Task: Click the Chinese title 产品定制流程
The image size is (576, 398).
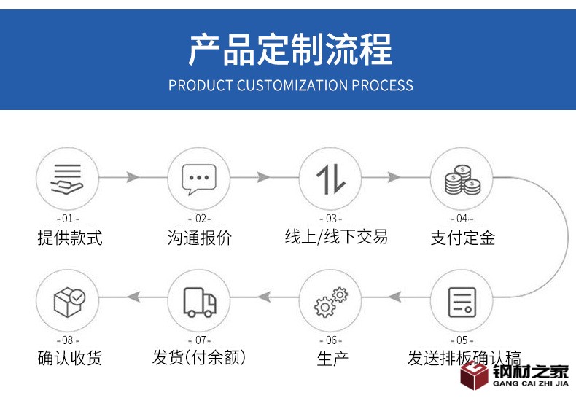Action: pyautogui.click(x=289, y=50)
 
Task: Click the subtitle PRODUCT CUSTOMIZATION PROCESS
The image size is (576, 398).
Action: pyautogui.click(x=290, y=85)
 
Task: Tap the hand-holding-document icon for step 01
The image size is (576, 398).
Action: pyautogui.click(x=67, y=178)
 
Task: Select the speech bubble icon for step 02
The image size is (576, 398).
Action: pyautogui.click(x=198, y=178)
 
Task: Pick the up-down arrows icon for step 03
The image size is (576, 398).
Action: pyautogui.click(x=330, y=178)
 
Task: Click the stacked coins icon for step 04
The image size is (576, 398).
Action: pyautogui.click(x=462, y=178)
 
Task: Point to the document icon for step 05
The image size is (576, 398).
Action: pyautogui.click(x=462, y=300)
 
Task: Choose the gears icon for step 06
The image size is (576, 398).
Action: pyautogui.click(x=330, y=300)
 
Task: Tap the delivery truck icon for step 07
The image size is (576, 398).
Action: pyautogui.click(x=198, y=300)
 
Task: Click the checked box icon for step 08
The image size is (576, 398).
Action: pyautogui.click(x=68, y=300)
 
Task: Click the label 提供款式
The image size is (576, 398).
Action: pyautogui.click(x=70, y=238)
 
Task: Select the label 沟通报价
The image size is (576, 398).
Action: pyautogui.click(x=199, y=238)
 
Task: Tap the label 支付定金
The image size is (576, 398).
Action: pyautogui.click(x=462, y=238)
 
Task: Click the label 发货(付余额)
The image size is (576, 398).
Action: pyautogui.click(x=199, y=358)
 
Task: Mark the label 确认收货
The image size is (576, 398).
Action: pyautogui.click(x=70, y=358)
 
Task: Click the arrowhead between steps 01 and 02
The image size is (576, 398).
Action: pyautogui.click(x=133, y=177)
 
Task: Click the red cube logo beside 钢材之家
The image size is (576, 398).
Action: pyautogui.click(x=475, y=376)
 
